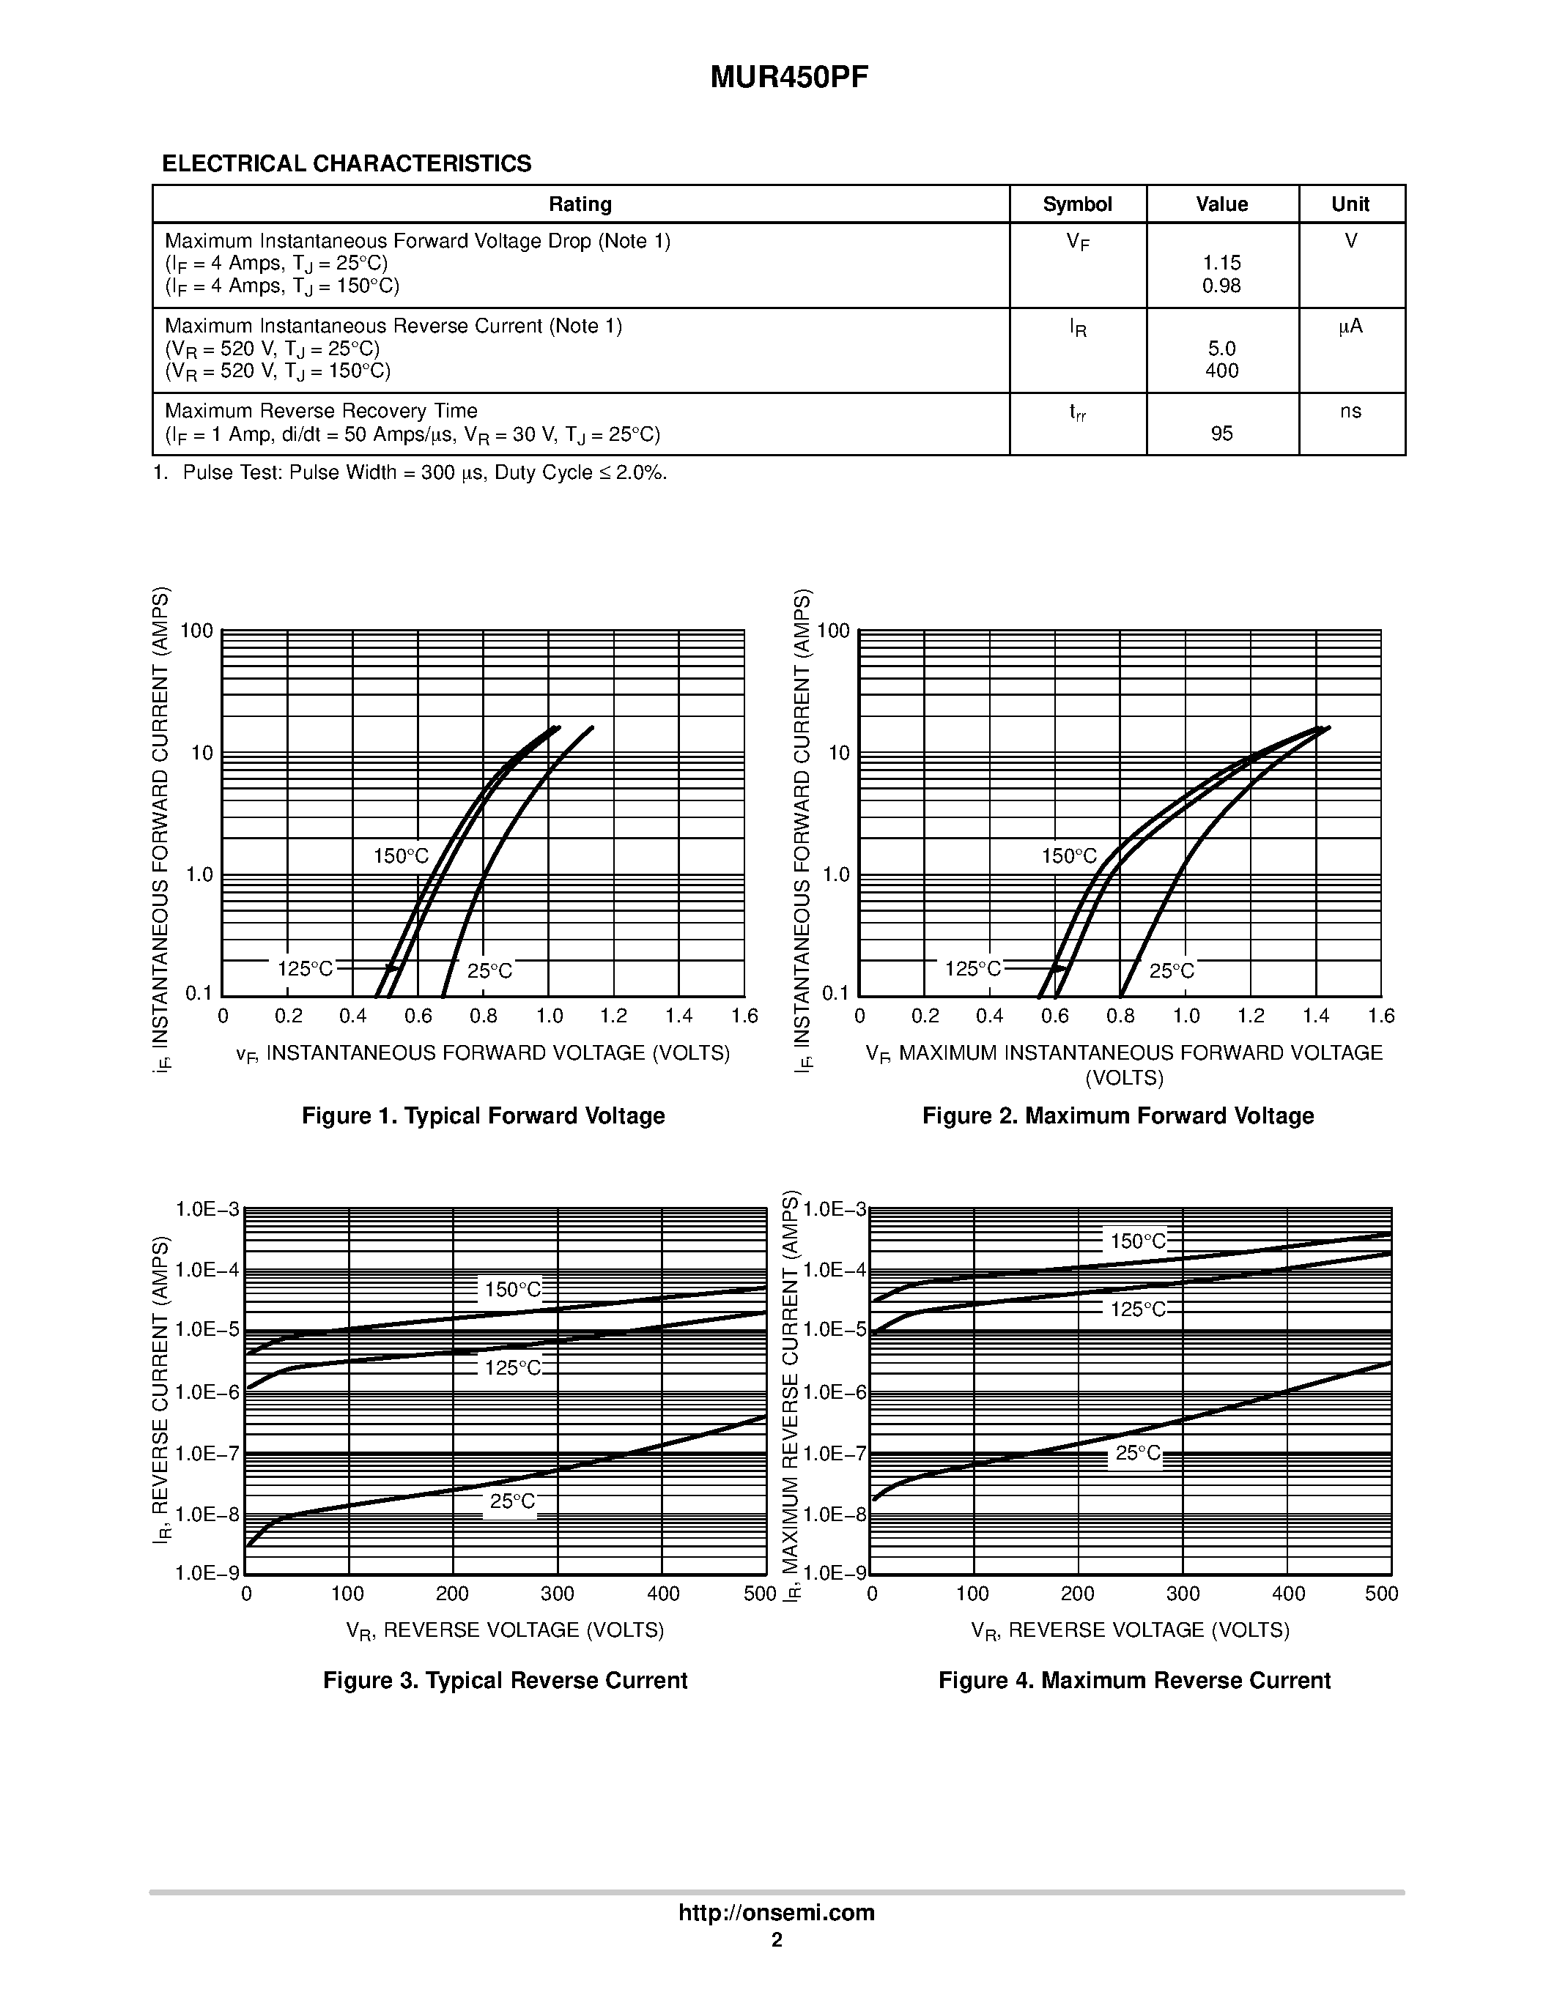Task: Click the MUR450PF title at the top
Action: coord(788,78)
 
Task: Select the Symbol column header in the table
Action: coord(1076,204)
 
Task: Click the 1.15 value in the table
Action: coord(1221,264)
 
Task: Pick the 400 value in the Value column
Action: coord(1221,371)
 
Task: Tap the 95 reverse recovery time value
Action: coord(1221,434)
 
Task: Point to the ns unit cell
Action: coord(1350,412)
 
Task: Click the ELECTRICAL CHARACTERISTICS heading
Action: coord(347,163)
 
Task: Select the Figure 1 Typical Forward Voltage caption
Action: coord(484,1116)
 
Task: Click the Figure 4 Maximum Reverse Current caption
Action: coord(1133,1680)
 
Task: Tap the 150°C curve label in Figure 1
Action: coord(402,855)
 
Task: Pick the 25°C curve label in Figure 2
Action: coord(1172,971)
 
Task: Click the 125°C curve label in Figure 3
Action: coord(513,1367)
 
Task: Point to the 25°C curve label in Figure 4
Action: coord(1138,1453)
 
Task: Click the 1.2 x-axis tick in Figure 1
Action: coord(613,1017)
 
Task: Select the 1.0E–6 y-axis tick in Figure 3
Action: coord(207,1392)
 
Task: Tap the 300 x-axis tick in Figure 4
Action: coord(1183,1594)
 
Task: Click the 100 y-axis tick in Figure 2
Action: coord(833,631)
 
